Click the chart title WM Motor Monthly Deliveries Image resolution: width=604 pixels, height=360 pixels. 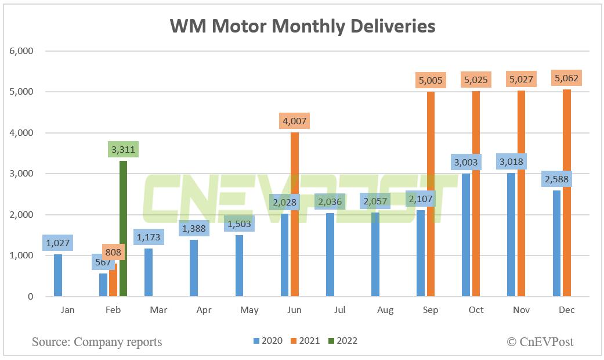[x=302, y=26]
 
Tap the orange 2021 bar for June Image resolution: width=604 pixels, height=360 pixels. [x=294, y=215]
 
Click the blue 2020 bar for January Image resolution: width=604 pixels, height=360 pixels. [x=57, y=276]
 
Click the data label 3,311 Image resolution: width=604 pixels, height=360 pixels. [x=123, y=150]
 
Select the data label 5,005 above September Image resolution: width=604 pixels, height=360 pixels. [x=431, y=80]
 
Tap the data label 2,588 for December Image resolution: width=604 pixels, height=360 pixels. [x=557, y=178]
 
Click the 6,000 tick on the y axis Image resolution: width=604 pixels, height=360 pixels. [x=21, y=51]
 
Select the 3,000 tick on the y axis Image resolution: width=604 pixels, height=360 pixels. [x=21, y=174]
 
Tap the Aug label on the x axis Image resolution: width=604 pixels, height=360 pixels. [x=385, y=311]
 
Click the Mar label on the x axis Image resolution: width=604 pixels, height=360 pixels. [x=158, y=311]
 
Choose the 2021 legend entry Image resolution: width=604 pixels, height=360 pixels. [x=308, y=341]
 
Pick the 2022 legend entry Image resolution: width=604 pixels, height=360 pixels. [x=345, y=341]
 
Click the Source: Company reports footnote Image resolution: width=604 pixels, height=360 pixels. [x=97, y=342]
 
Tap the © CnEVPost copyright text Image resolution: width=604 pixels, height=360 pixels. [x=540, y=342]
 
